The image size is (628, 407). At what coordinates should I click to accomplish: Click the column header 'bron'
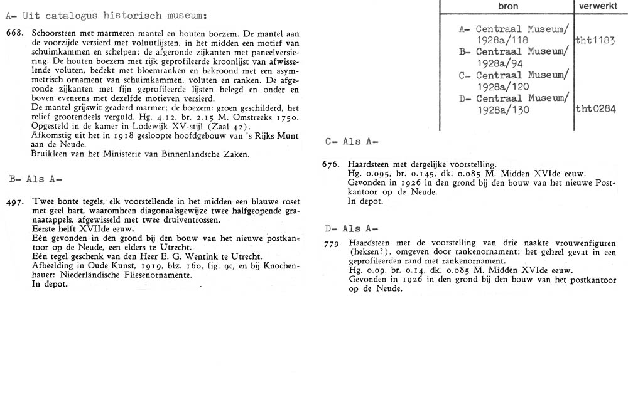pyautogui.click(x=507, y=5)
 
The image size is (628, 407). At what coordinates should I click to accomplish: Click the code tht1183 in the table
pyautogui.click(x=595, y=41)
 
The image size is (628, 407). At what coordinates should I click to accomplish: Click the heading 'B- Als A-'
pyautogui.click(x=35, y=179)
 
